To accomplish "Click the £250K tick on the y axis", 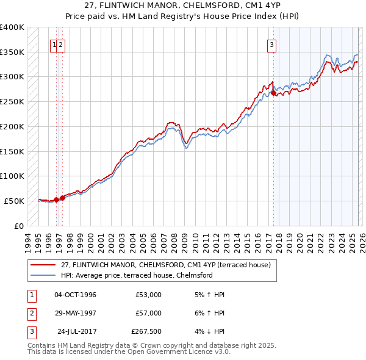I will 12,102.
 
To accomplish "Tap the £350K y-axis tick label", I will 12,52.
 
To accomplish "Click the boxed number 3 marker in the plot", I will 271,43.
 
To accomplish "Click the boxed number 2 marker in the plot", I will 62,43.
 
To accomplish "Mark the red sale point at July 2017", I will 273,93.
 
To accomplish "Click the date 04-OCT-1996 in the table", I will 75,295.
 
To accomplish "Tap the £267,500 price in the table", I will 146,331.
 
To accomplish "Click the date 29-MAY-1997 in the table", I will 75,313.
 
